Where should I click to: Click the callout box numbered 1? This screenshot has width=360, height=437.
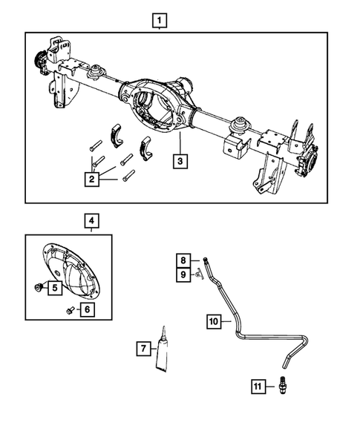(x=161, y=20)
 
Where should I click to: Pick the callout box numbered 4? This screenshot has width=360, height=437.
(x=91, y=220)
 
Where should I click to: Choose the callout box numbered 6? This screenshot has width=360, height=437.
(x=87, y=309)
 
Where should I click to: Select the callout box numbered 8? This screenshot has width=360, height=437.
(x=181, y=260)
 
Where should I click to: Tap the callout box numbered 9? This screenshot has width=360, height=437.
(x=181, y=275)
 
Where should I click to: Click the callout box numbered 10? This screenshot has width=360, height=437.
(x=213, y=321)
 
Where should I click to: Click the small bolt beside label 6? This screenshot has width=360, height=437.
(x=69, y=310)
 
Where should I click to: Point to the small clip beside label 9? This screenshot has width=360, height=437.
(x=198, y=275)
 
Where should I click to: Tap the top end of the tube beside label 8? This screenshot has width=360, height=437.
(x=203, y=257)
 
